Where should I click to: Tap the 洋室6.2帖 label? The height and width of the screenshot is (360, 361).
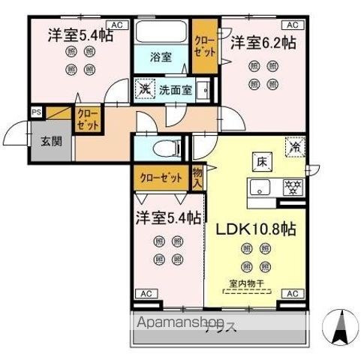262,43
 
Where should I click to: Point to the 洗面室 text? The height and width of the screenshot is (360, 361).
175,89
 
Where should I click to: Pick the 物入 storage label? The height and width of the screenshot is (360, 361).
197,177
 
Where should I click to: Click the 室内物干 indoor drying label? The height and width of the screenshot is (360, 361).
257,283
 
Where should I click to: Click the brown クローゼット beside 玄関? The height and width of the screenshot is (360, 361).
87,119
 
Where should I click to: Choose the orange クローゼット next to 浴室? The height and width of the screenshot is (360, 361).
201,43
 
